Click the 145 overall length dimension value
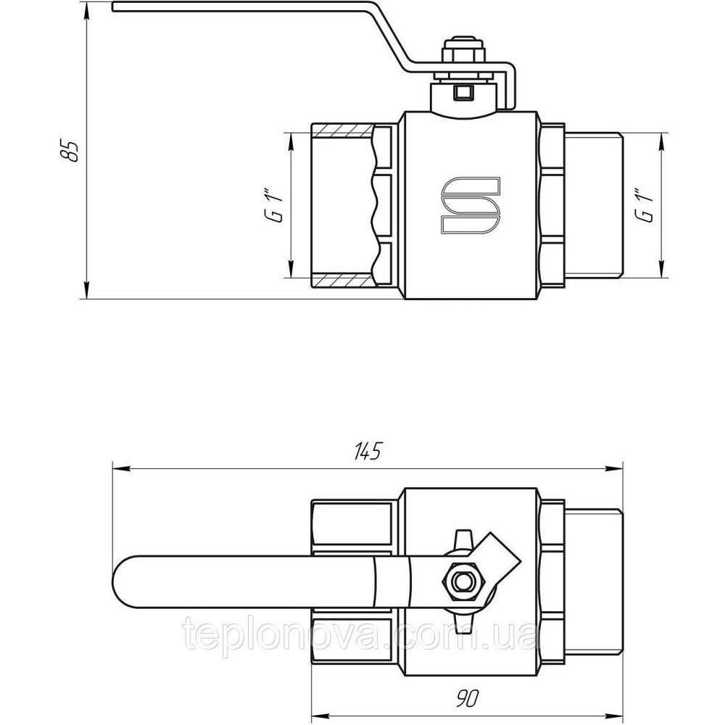click(x=368, y=450)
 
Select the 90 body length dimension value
click(x=468, y=700)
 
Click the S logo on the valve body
click(x=470, y=206)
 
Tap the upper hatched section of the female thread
click(x=341, y=131)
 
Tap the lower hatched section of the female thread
click(x=341, y=279)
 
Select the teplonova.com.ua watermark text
click(x=362, y=638)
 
